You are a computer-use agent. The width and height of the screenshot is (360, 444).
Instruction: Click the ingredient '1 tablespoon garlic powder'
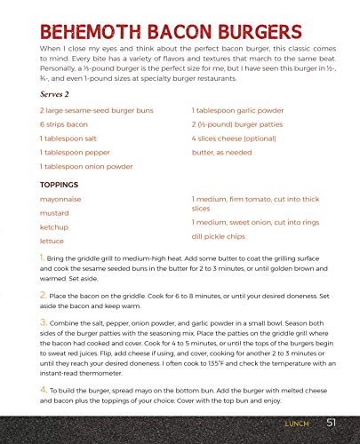240,109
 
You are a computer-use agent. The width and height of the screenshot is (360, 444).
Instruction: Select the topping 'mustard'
54,213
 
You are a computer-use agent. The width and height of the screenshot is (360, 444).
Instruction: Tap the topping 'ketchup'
54,227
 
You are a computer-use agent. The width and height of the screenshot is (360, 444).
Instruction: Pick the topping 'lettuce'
52,241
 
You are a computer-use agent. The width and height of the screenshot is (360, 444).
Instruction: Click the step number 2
44,292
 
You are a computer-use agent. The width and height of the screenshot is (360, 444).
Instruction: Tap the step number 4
44,388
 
